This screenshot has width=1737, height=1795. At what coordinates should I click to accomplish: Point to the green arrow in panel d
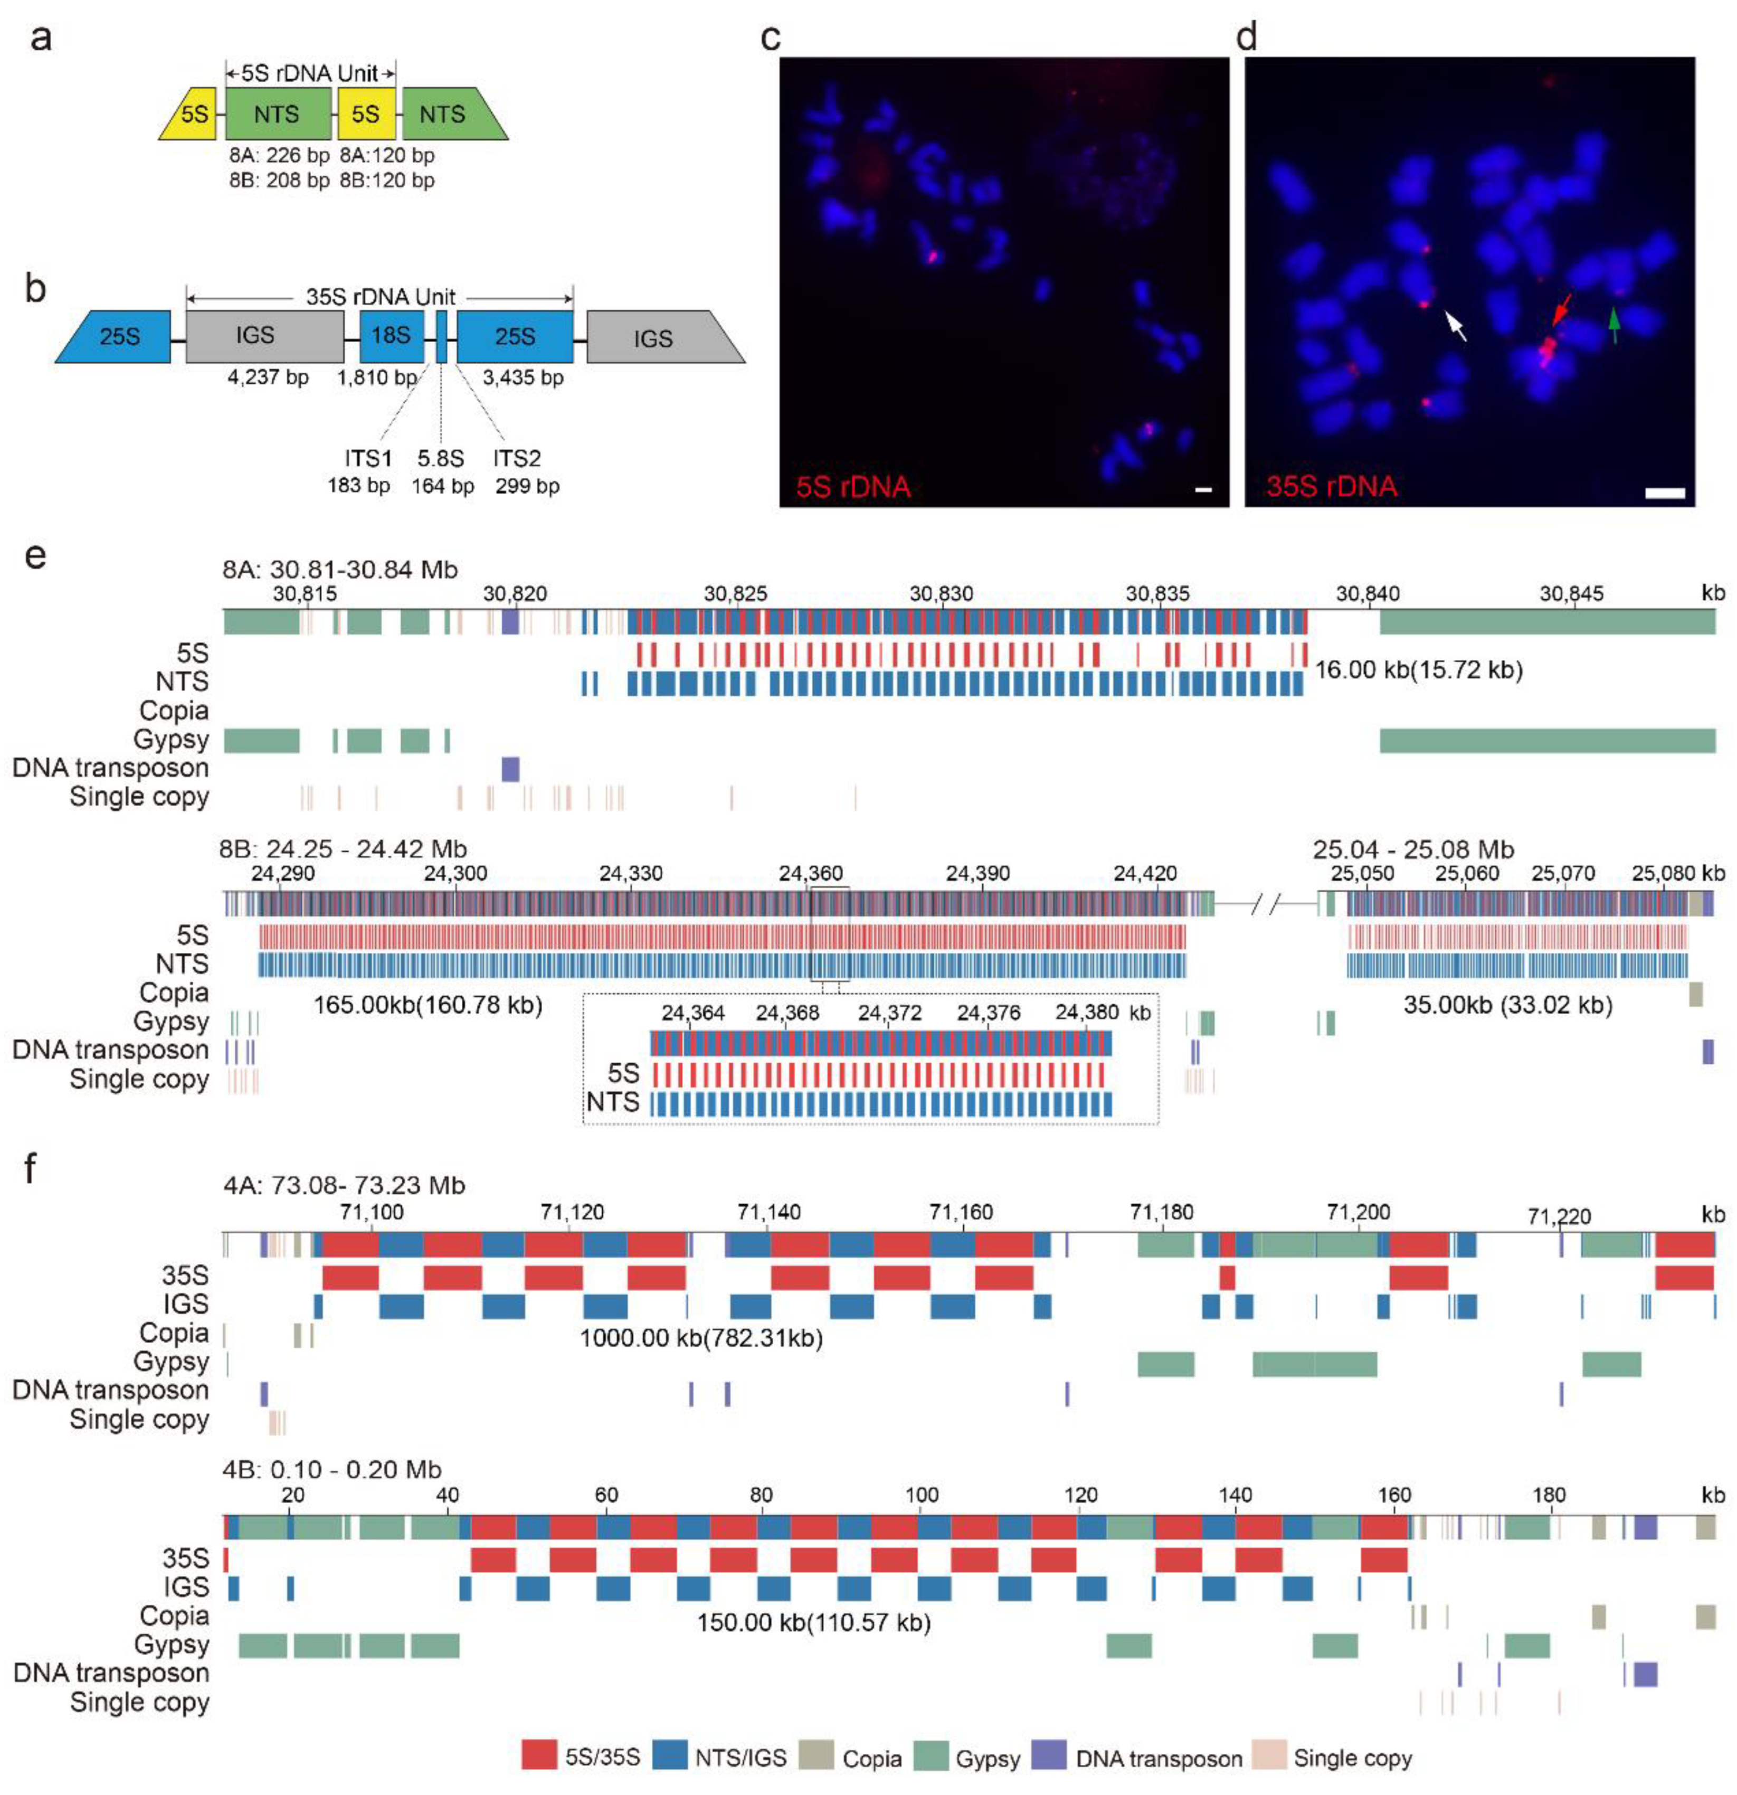pyautogui.click(x=1613, y=324)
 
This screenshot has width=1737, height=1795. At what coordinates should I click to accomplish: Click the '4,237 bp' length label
pyautogui.click(x=268, y=377)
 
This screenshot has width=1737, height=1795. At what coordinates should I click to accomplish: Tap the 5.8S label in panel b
pyautogui.click(x=440, y=458)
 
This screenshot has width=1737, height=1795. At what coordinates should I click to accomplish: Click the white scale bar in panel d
pyautogui.click(x=1665, y=493)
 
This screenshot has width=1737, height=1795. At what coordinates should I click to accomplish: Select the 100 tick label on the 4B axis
pyautogui.click(x=921, y=1496)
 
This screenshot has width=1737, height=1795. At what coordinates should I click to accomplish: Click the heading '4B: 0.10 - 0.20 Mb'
pyautogui.click(x=333, y=1470)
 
